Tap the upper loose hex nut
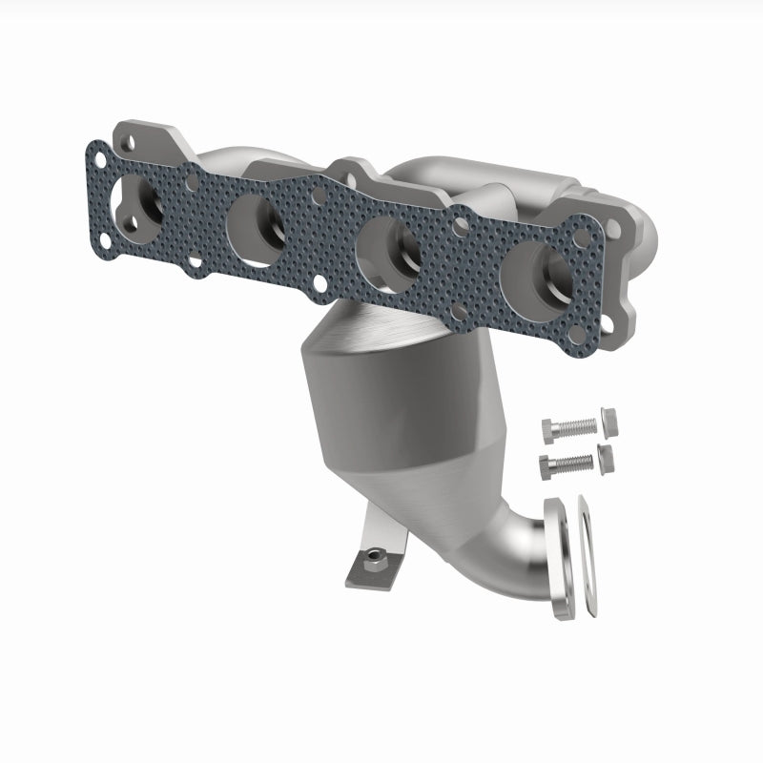click(x=609, y=422)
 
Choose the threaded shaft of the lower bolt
click(x=576, y=464)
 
